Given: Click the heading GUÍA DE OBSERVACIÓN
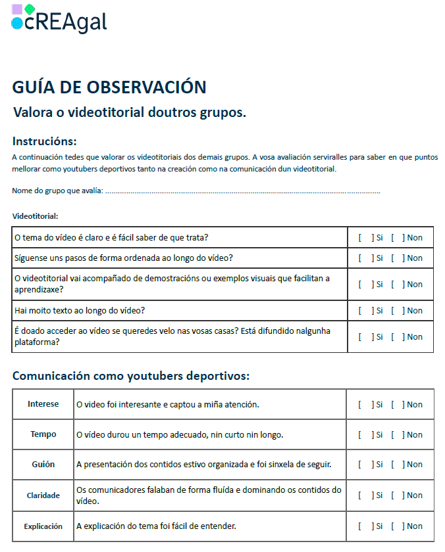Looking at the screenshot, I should [x=109, y=87].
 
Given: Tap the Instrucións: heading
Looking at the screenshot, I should [x=44, y=141].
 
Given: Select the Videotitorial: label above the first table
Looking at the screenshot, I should [x=35, y=216].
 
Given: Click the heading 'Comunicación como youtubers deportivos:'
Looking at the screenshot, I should [x=131, y=377].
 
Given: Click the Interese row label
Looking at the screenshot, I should [x=43, y=404].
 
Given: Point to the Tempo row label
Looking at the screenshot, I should [x=43, y=434].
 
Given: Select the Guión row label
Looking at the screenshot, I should [x=43, y=465].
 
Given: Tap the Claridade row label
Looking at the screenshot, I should [x=43, y=495].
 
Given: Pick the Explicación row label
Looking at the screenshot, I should [x=43, y=526].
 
